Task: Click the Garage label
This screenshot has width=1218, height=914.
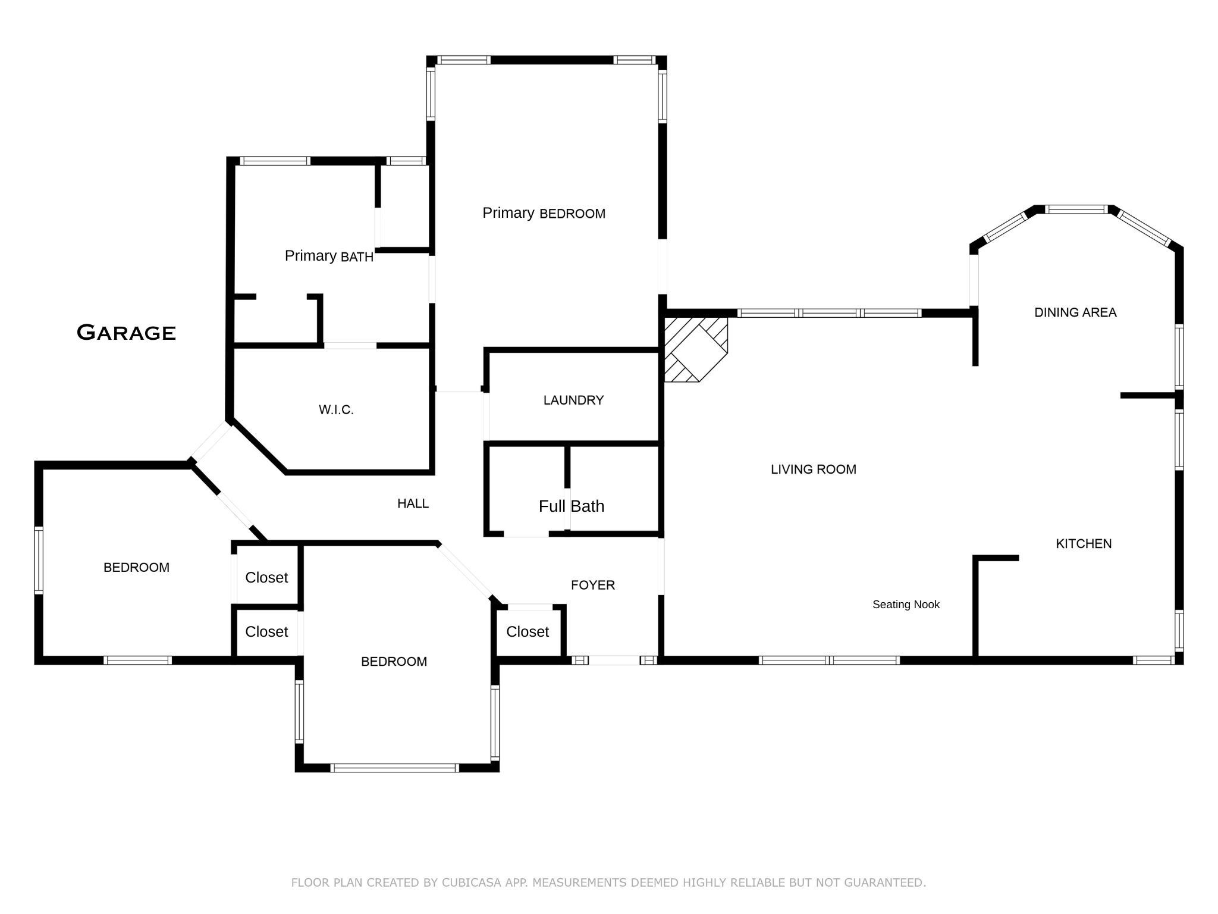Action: pos(126,333)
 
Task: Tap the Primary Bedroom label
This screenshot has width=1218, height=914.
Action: pos(544,213)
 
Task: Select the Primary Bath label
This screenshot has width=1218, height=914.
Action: pos(329,256)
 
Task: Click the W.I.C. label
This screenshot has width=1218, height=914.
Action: pos(336,410)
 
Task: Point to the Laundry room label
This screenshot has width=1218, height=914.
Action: pos(573,400)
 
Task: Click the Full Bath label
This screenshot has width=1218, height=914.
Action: pos(571,506)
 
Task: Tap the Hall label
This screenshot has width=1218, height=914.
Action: pos(413,504)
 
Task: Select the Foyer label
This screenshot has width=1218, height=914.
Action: pos(592,586)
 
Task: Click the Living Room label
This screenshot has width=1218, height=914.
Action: pos(813,469)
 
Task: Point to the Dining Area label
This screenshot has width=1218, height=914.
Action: pos(1075,312)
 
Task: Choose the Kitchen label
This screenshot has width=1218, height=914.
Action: pos(1083,544)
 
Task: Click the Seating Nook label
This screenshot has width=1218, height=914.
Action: pos(905,605)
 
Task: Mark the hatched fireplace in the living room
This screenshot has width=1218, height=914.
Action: pos(695,349)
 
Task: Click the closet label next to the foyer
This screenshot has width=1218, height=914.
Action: pos(527,632)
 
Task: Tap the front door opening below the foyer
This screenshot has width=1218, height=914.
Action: pos(614,660)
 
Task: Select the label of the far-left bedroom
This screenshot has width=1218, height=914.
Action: pos(136,568)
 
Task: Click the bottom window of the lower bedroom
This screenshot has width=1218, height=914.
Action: pos(394,768)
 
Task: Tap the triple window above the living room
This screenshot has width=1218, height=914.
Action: pos(829,313)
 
